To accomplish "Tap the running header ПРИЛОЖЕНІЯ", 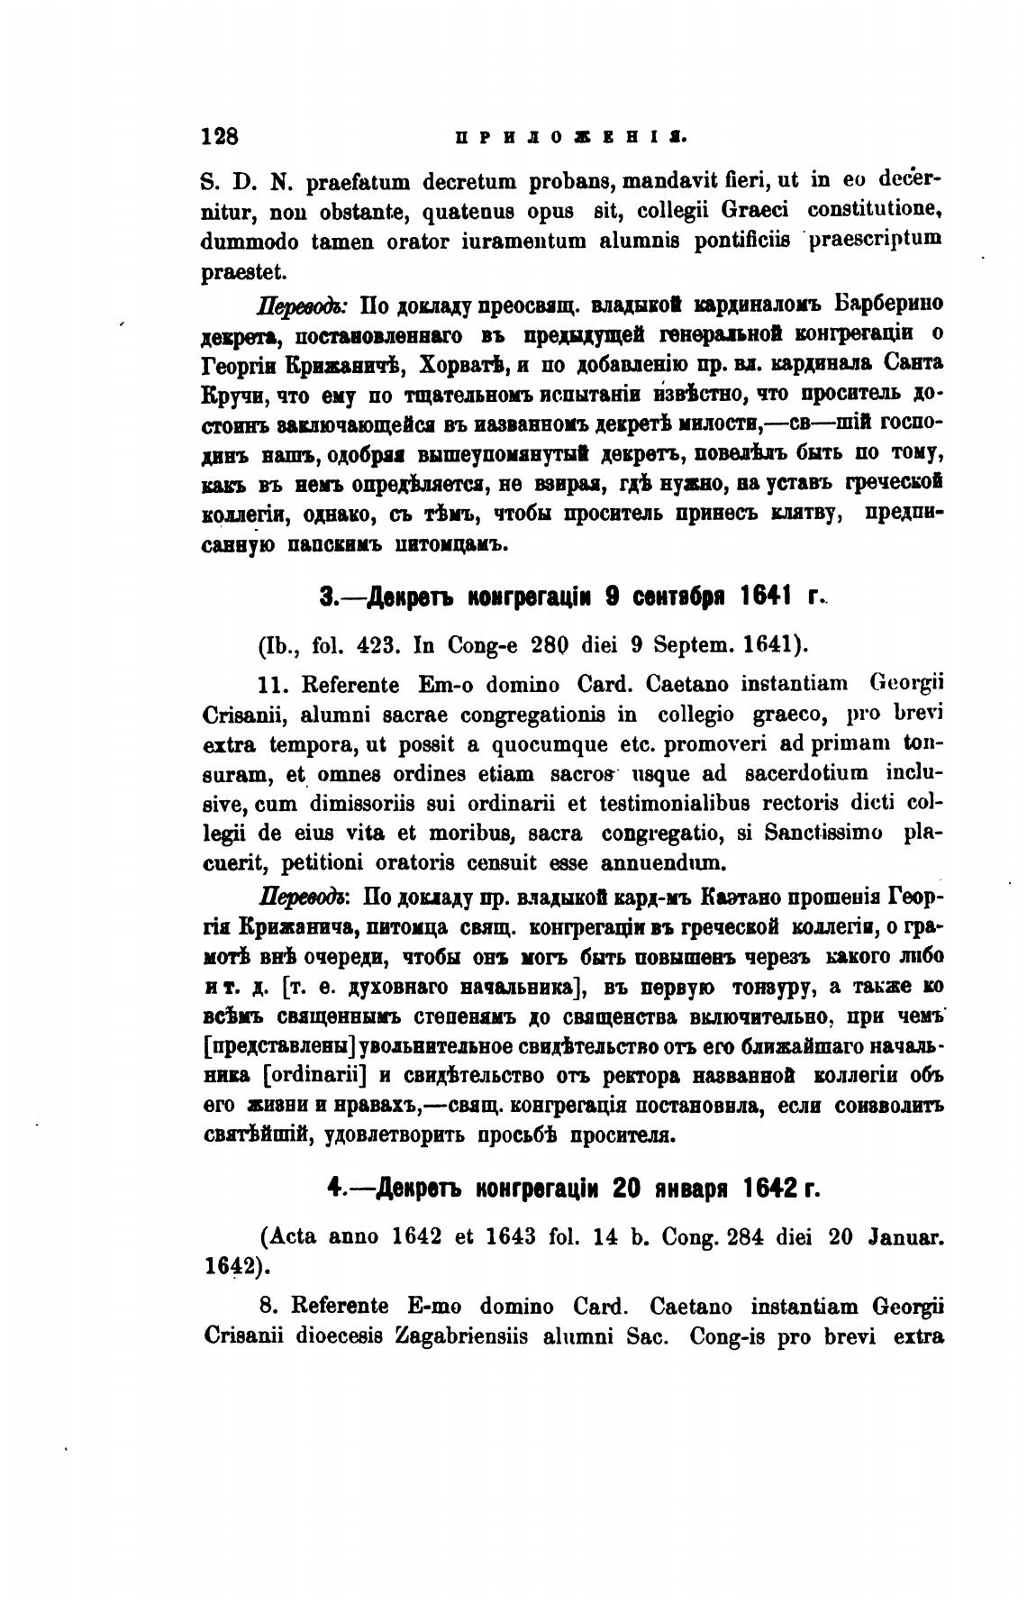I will coord(572,137).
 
